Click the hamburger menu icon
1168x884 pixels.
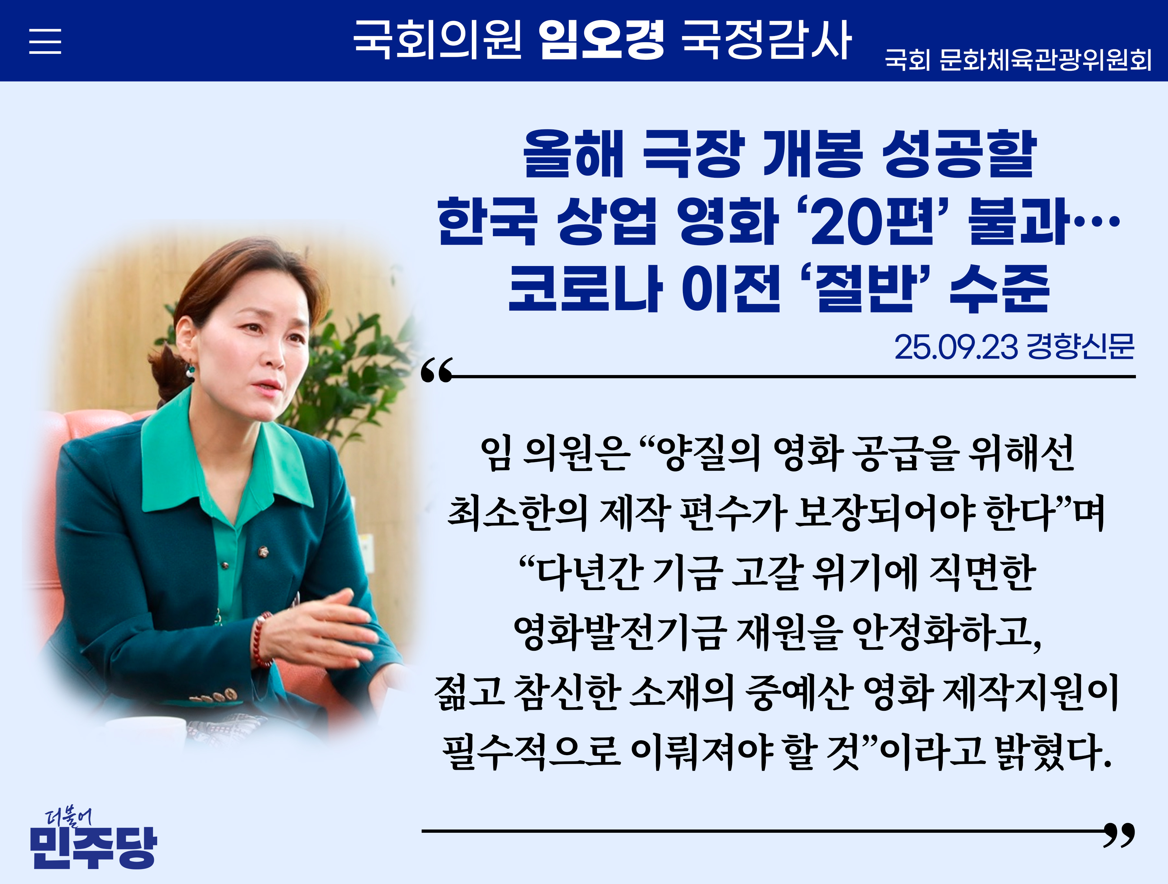click(x=45, y=41)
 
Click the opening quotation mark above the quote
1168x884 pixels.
click(x=437, y=370)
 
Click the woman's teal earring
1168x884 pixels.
click(x=189, y=369)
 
